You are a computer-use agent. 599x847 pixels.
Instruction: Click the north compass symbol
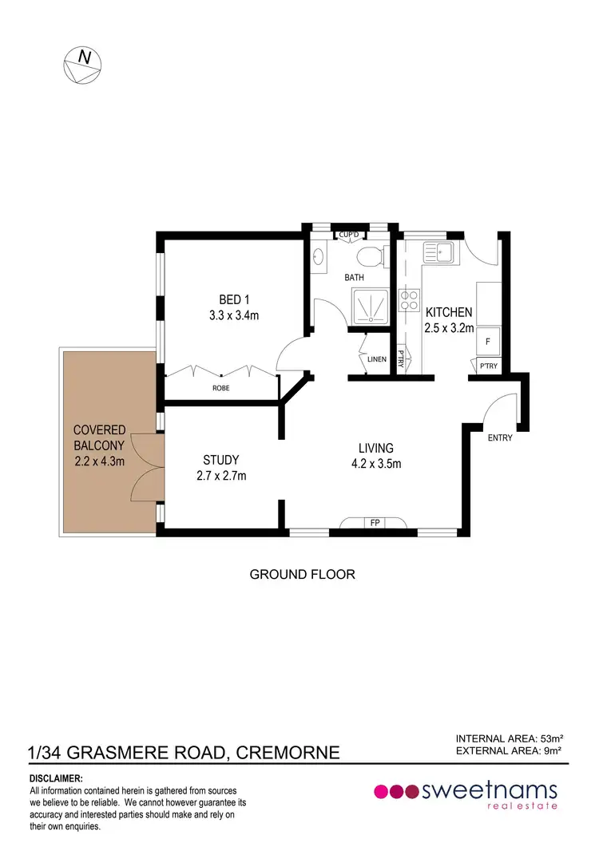click(83, 65)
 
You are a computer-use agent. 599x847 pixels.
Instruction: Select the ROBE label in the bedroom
click(221, 388)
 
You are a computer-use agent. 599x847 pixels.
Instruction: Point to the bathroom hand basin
click(319, 257)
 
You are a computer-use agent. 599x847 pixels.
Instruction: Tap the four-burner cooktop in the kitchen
click(411, 299)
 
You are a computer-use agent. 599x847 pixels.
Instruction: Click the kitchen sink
click(438, 254)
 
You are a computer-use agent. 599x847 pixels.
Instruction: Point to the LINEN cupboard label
click(377, 359)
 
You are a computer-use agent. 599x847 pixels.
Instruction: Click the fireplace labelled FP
click(374, 524)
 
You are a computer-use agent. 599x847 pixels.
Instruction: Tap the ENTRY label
click(500, 437)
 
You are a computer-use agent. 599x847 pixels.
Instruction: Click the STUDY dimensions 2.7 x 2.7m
click(221, 477)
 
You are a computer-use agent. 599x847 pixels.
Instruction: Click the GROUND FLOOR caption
click(302, 574)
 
